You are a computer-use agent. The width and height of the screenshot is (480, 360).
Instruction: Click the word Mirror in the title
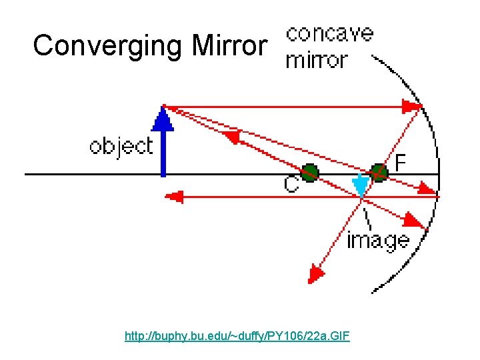[x=229, y=46]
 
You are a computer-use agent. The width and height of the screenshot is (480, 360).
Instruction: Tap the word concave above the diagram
[x=329, y=33]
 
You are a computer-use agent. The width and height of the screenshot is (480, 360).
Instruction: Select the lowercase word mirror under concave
[x=316, y=60]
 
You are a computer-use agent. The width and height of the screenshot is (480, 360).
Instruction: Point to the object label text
[x=121, y=146]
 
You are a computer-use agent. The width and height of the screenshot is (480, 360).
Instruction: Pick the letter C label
[x=291, y=184]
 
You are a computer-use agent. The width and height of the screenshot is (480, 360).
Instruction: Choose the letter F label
[x=401, y=162]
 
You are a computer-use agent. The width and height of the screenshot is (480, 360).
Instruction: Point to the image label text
[x=377, y=239]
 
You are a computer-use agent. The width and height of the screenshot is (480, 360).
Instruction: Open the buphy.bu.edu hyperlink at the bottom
[x=237, y=337]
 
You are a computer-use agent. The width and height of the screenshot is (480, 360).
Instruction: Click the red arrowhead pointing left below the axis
[x=174, y=197]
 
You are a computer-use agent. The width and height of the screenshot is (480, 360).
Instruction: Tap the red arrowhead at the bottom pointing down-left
[x=316, y=273]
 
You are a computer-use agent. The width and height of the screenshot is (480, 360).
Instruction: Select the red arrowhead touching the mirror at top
[x=412, y=106]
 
